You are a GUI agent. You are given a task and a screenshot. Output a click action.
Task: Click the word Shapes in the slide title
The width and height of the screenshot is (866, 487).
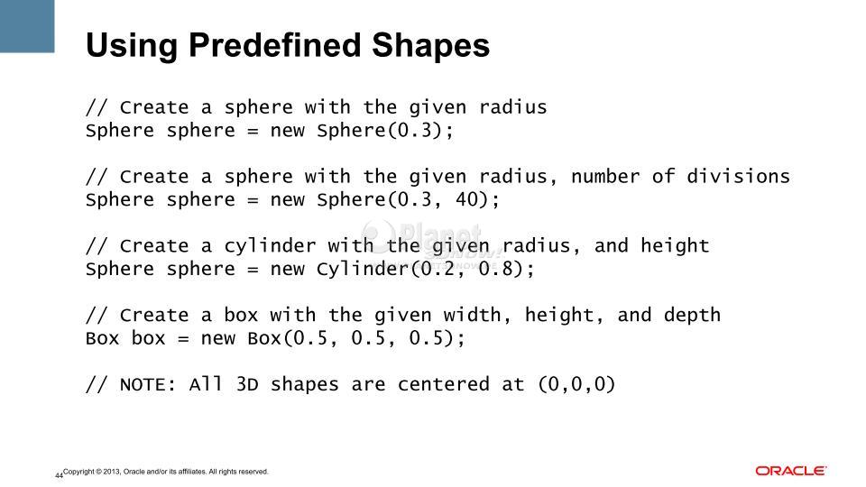point(431,45)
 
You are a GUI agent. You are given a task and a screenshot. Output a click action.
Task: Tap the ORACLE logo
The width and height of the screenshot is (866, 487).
point(791,471)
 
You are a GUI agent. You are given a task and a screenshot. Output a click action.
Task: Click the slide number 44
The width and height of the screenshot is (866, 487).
point(59,475)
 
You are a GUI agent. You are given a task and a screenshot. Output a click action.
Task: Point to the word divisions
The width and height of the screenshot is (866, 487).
point(739,176)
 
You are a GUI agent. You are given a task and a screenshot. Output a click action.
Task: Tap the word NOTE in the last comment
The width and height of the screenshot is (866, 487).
point(143,384)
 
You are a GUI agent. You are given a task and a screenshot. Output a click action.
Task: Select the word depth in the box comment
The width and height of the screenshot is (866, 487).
point(692,316)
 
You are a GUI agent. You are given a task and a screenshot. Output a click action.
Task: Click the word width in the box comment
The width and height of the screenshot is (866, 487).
point(472,315)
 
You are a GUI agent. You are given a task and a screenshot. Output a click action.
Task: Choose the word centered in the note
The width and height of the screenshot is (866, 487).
point(444,384)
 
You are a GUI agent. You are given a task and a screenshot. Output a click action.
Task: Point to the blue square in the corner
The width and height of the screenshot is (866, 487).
point(27,26)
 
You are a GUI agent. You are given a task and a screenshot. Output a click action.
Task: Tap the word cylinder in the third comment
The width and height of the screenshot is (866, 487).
point(270,246)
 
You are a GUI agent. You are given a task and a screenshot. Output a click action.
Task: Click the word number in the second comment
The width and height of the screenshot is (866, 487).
point(604,176)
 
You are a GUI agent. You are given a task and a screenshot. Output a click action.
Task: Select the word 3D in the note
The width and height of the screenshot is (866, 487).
point(247,384)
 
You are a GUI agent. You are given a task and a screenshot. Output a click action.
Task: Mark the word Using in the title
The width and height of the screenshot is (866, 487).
point(132,46)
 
